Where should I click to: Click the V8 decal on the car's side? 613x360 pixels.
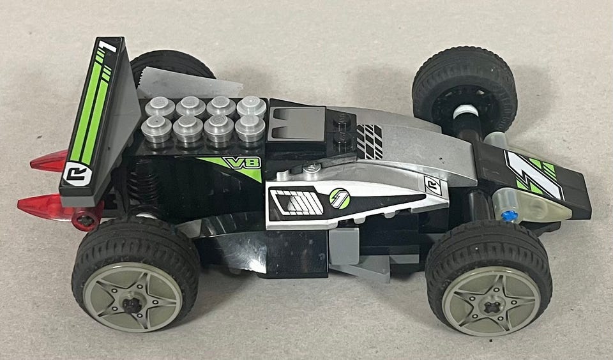click(x=241, y=162)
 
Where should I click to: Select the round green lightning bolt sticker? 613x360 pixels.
click(x=339, y=199)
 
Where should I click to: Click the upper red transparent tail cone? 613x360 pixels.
click(x=49, y=161)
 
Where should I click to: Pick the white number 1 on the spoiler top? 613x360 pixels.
click(x=107, y=46)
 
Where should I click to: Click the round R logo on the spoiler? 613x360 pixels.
click(x=77, y=174)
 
